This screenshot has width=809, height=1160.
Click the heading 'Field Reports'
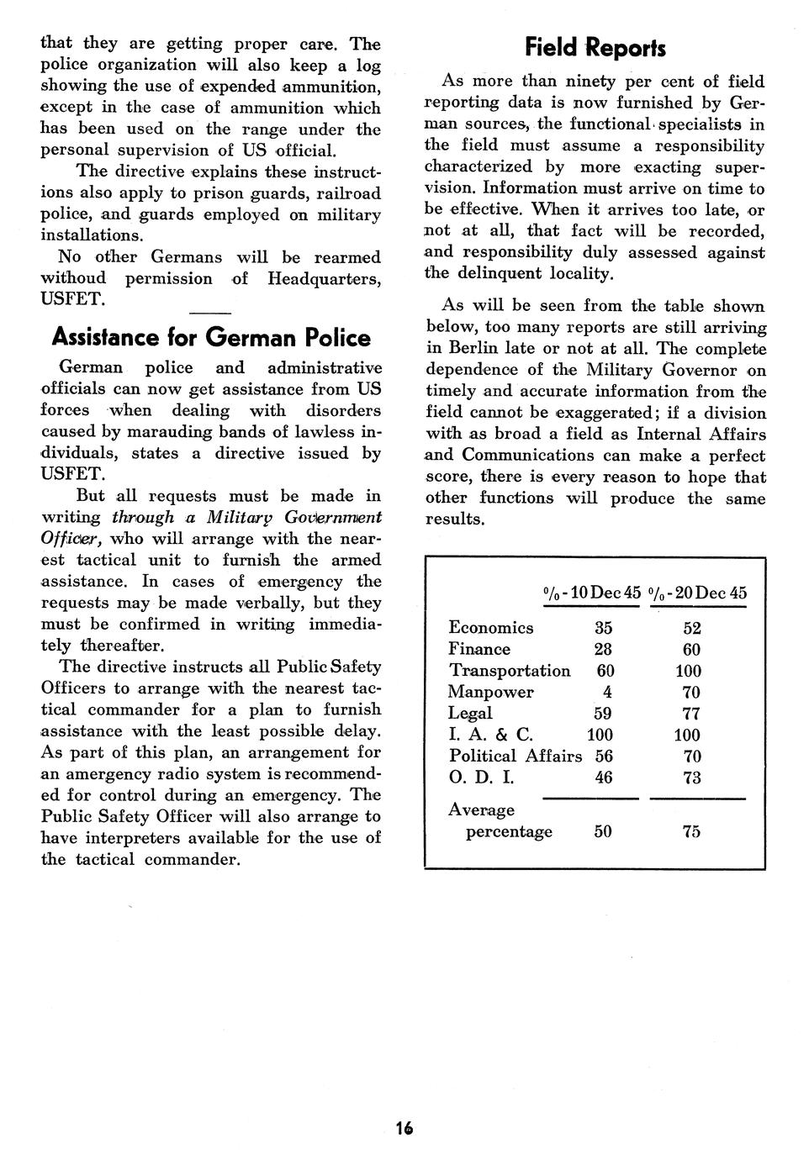(595, 47)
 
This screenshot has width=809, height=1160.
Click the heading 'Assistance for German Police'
(211, 337)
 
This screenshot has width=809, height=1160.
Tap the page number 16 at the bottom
(404, 1128)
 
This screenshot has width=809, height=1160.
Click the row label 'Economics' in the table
(491, 628)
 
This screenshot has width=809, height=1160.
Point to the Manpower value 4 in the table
(606, 692)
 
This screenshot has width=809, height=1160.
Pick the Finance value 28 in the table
(603, 649)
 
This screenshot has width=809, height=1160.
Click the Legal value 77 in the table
(692, 714)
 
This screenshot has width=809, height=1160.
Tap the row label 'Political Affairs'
(515, 756)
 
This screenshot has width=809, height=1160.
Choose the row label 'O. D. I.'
(481, 778)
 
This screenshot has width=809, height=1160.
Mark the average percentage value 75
(692, 831)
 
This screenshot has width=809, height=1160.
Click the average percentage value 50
(603, 831)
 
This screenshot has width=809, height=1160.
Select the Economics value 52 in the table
(692, 628)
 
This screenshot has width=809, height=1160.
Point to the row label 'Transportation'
(510, 671)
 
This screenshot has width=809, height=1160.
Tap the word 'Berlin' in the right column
(474, 348)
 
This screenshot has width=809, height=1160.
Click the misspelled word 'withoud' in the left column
(74, 278)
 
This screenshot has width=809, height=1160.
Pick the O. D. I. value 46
(603, 778)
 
